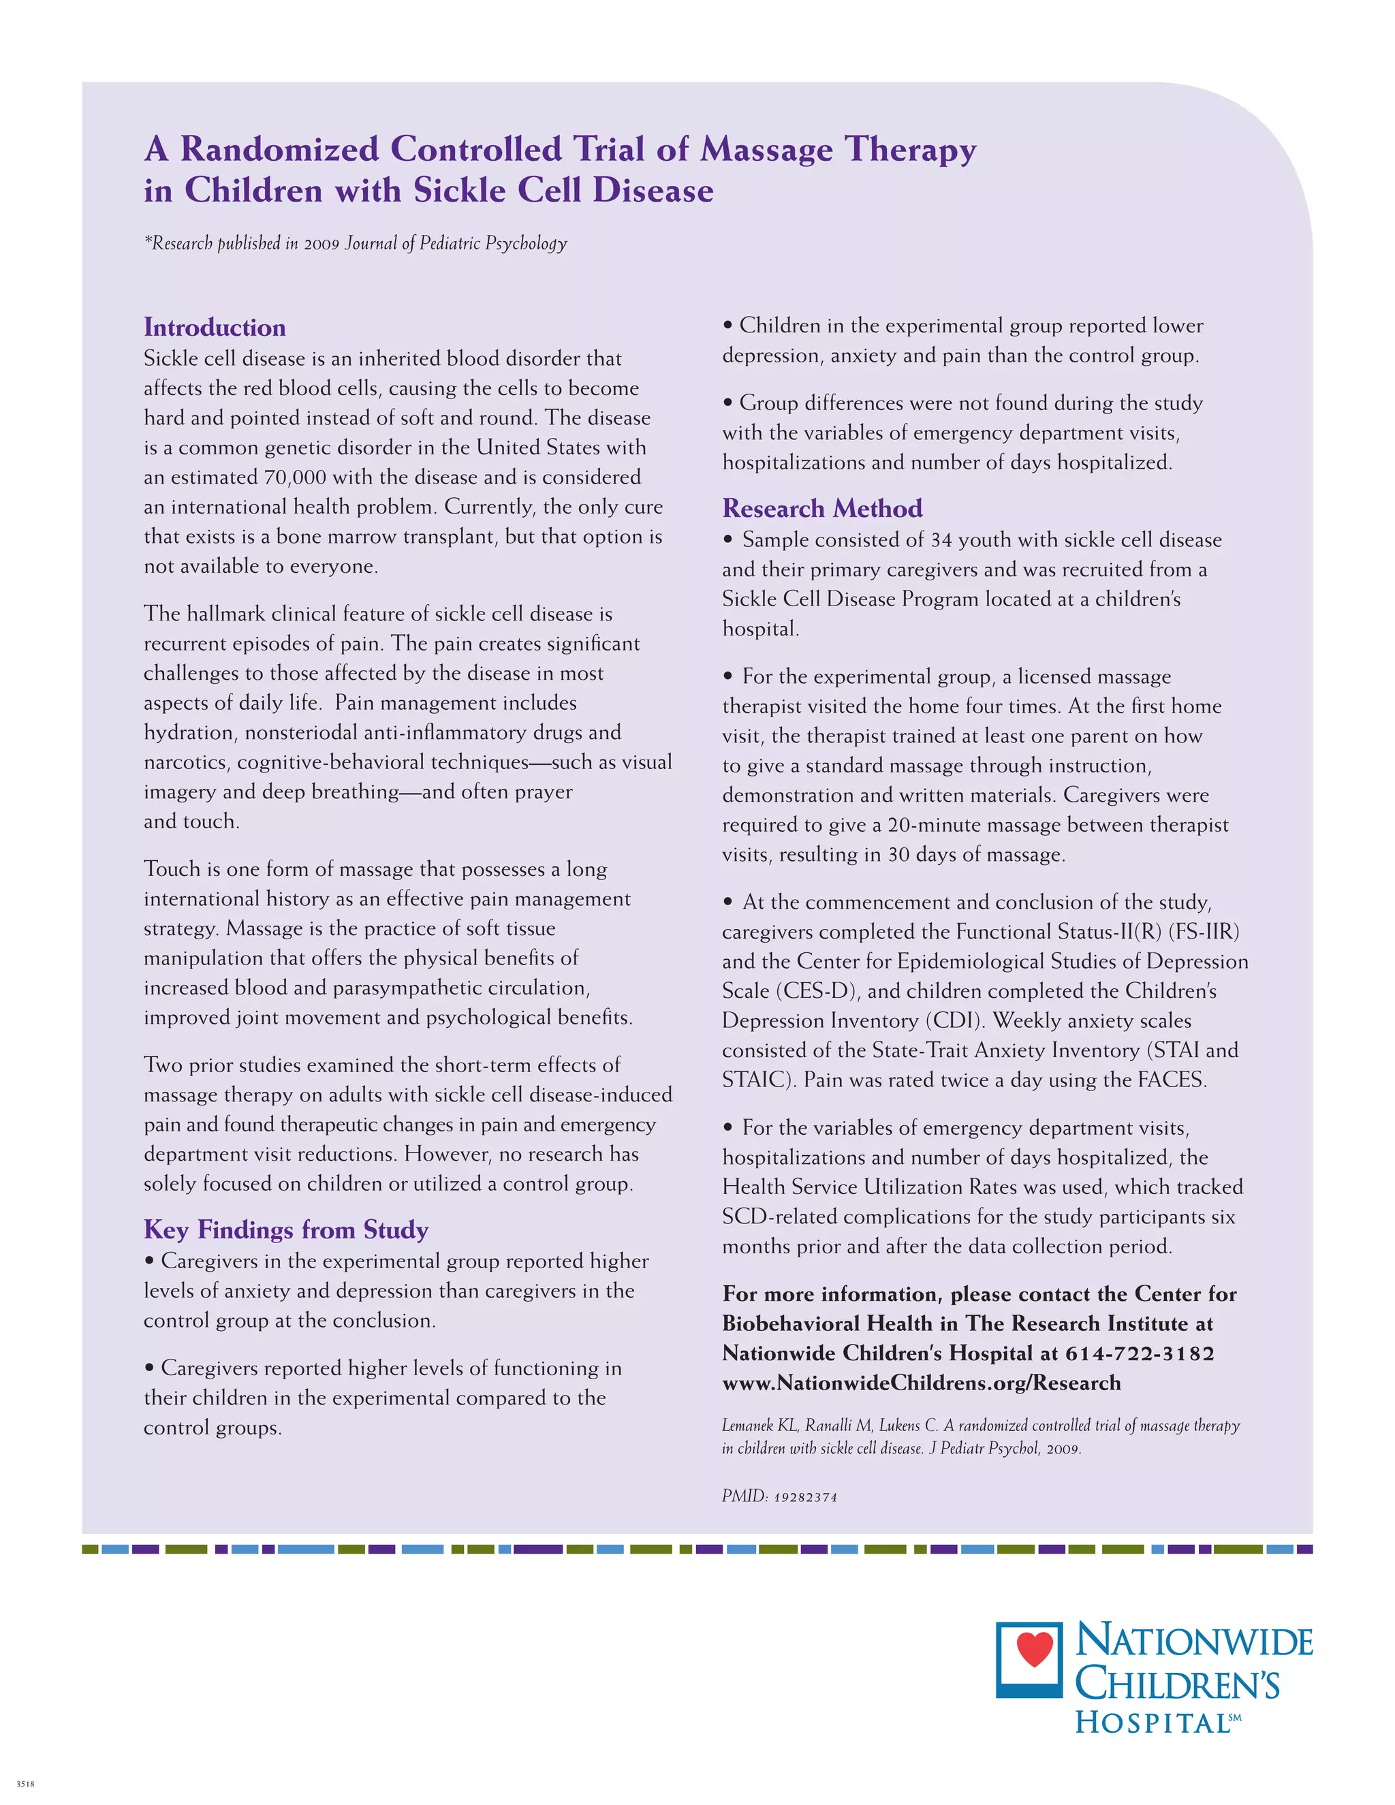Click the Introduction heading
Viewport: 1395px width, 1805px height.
coord(214,327)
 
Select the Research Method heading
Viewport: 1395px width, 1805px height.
coord(821,507)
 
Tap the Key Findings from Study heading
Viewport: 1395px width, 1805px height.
coord(286,1229)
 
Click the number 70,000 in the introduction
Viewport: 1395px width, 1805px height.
coord(296,477)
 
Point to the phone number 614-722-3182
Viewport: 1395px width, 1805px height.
coord(1140,1354)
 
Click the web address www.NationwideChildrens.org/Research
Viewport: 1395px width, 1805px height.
coord(921,1383)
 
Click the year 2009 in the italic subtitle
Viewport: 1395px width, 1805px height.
coord(322,244)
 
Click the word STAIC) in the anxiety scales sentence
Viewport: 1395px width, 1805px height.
coord(759,1080)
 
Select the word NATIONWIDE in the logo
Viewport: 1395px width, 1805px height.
coord(1193,1642)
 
